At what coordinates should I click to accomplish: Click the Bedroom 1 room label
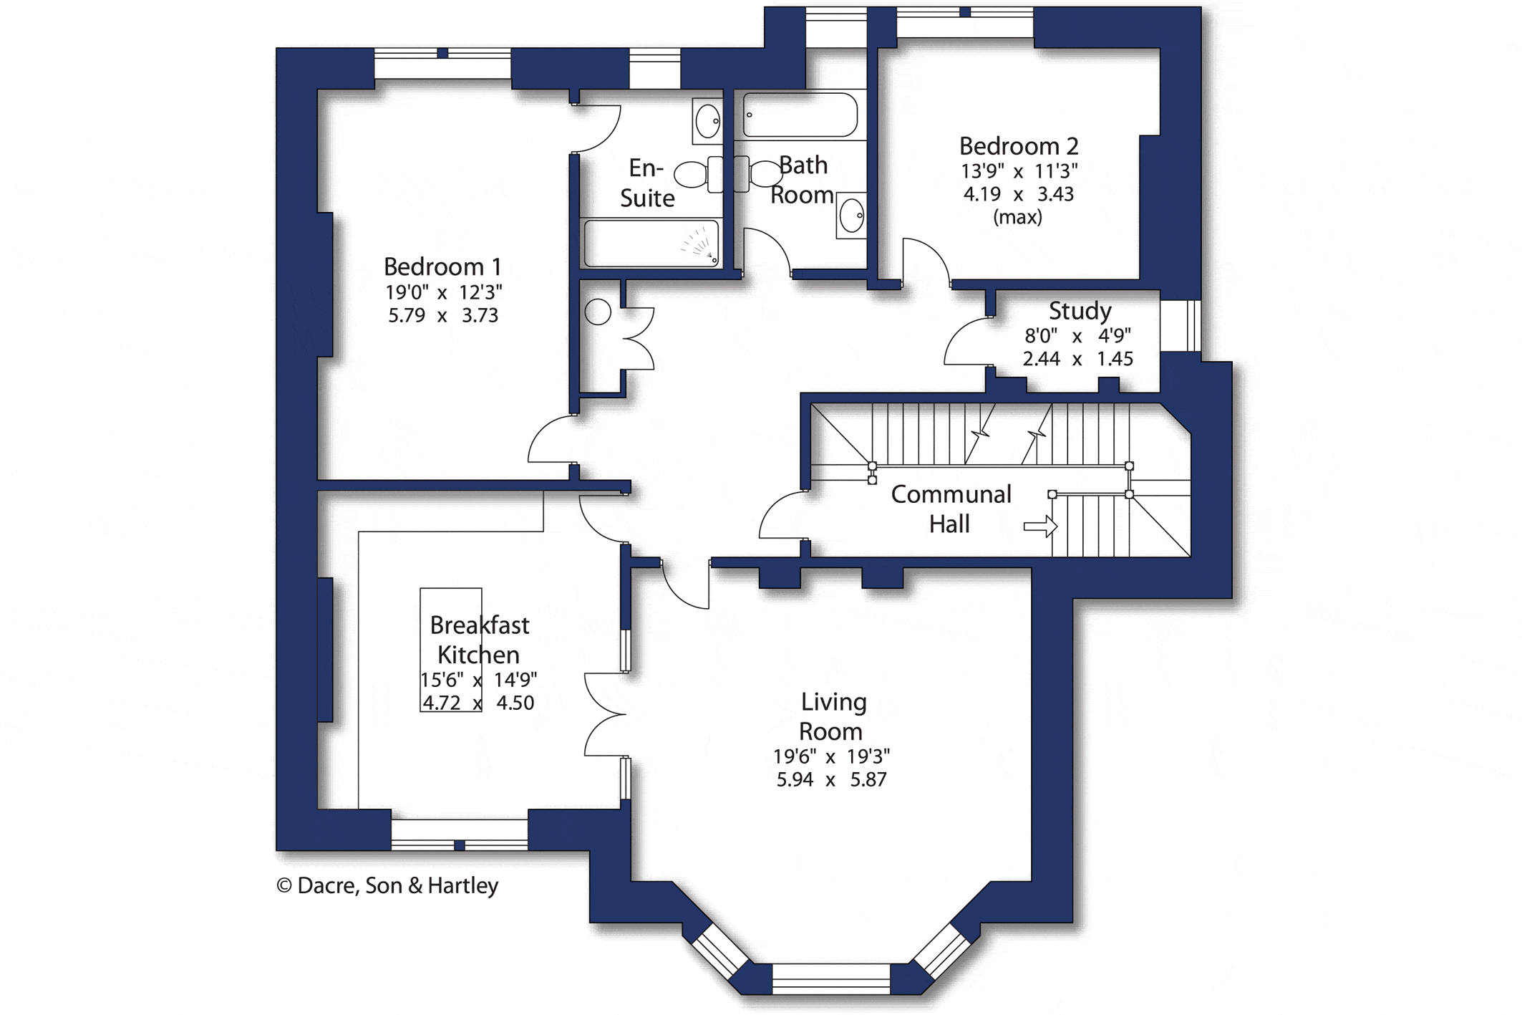[x=442, y=267]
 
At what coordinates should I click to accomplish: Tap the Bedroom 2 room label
[x=1019, y=146]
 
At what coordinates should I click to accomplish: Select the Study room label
[x=1080, y=311]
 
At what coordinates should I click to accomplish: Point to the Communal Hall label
[x=951, y=509]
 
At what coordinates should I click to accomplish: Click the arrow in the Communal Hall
[x=1041, y=526]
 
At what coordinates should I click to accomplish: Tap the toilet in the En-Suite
[x=698, y=174]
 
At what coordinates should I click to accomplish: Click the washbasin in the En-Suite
[x=707, y=121]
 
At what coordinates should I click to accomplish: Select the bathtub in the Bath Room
[x=800, y=114]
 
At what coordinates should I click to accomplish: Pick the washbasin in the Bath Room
[x=851, y=215]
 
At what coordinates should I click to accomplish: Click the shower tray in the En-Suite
[x=651, y=244]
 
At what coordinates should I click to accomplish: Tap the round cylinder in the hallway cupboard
[x=598, y=312]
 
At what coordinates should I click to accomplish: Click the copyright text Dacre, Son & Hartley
[x=387, y=886]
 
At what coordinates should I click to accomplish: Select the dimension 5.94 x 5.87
[x=831, y=779]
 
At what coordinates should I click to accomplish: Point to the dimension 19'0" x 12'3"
[x=444, y=292]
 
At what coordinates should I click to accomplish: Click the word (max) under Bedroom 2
[x=1017, y=217]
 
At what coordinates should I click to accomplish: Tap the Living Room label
[x=832, y=716]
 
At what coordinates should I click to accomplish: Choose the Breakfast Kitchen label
[x=479, y=640]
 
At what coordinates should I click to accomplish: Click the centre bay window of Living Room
[x=830, y=978]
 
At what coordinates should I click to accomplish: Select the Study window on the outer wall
[x=1180, y=325]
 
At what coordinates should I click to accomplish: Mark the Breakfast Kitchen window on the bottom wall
[x=460, y=835]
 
